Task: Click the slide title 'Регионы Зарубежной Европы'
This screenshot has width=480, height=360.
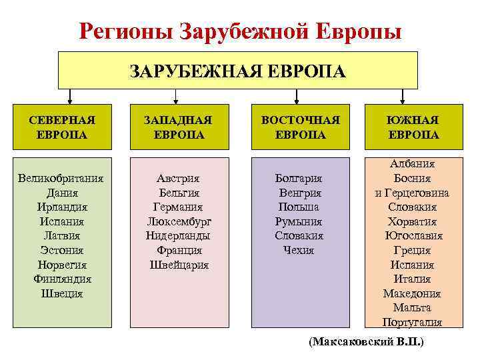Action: [240, 31]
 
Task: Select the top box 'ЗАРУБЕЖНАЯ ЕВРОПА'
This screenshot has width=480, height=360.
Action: [237, 71]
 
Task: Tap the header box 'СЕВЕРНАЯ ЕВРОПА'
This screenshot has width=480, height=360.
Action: [62, 127]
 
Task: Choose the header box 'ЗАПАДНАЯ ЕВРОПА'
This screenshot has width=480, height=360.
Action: [179, 127]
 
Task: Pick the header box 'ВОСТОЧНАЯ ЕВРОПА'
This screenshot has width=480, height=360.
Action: [300, 127]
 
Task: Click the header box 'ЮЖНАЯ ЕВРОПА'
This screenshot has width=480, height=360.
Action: [413, 127]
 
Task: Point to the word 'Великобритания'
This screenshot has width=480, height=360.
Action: [62, 179]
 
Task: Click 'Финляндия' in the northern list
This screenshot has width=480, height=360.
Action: [62, 279]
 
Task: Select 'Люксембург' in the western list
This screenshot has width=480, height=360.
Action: [179, 221]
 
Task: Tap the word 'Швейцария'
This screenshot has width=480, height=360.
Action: [179, 265]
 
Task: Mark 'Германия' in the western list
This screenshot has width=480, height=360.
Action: [179, 207]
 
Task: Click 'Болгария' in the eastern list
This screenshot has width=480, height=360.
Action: [299, 179]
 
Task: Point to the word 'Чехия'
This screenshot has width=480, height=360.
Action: [299, 251]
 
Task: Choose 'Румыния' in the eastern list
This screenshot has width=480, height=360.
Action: [299, 221]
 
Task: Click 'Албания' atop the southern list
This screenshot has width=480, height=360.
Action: [413, 164]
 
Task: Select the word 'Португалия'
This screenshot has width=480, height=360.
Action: [413, 323]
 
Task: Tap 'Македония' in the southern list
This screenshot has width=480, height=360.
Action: [413, 294]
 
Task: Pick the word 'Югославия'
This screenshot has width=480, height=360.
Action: [413, 236]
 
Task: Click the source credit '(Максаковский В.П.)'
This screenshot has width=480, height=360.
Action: [367, 341]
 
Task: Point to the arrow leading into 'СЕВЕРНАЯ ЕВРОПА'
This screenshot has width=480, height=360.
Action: [62, 97]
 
